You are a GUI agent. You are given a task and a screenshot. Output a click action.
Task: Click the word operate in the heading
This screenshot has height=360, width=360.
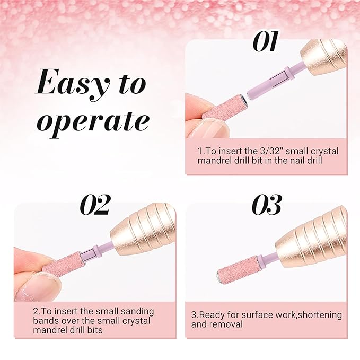pos(93,122)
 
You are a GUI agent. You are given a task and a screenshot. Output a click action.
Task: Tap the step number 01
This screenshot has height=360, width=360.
pos(266,41)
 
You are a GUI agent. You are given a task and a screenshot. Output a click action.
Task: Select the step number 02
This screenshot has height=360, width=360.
pos(94,205)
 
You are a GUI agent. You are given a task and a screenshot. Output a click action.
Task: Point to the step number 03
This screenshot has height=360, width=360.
pos(267,204)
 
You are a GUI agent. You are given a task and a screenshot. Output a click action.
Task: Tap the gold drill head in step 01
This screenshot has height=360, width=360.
pos(324,60)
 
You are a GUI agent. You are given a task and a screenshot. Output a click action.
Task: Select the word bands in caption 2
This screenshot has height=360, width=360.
pos(46,321)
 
